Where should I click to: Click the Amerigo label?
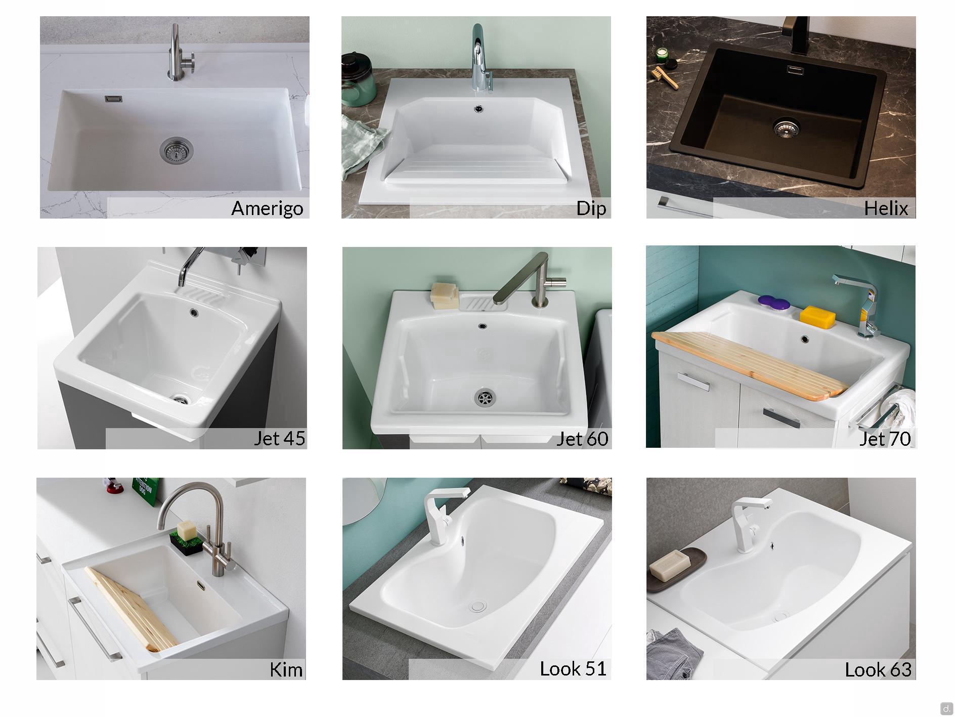pos(267,208)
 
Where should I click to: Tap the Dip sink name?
pos(591,208)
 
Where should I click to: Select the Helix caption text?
pos(886,208)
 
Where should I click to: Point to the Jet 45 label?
pos(279,438)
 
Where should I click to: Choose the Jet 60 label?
pos(582,439)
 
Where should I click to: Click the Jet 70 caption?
pos(885,439)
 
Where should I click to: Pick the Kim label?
pos(286,669)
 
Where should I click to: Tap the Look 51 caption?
pos(573,669)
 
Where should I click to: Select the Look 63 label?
pos(878,669)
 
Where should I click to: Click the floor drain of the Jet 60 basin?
pos(485,397)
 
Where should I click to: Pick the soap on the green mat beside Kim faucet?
pos(186,531)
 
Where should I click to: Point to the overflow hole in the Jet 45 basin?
pos(194,312)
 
